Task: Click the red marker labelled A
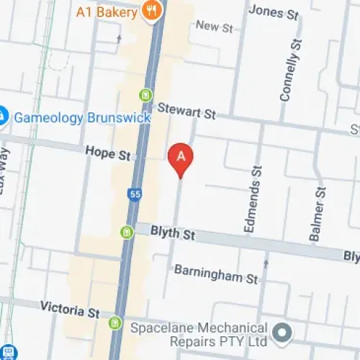[181, 158]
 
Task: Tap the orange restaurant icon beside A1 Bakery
[151, 9]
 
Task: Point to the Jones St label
[273, 12]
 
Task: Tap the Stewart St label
[187, 112]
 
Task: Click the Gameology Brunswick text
[82, 117]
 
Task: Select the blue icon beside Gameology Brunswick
[2, 115]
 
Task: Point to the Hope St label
[107, 153]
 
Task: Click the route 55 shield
[135, 194]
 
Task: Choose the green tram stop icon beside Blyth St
[127, 232]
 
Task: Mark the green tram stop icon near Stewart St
[146, 94]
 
